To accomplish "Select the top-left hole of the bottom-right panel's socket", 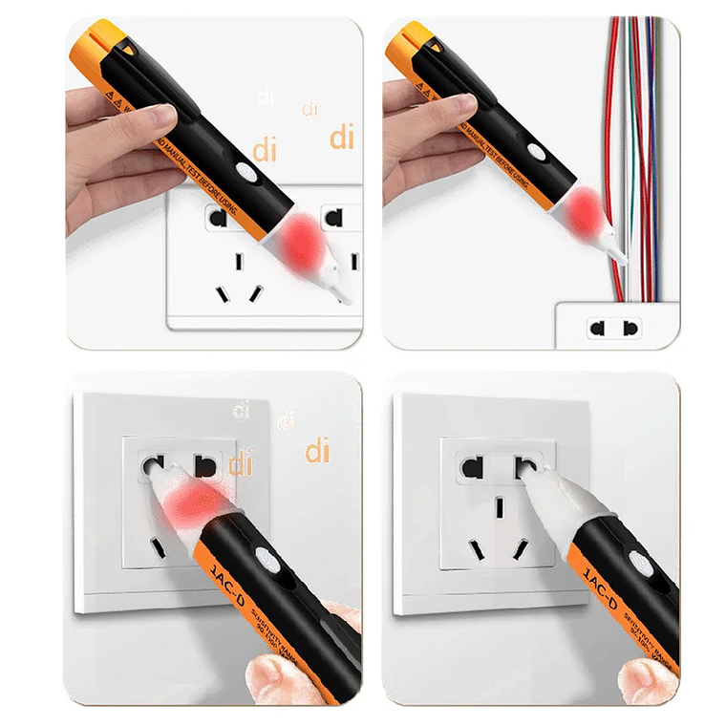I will (471, 468).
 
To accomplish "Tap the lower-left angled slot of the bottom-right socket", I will (475, 550).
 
